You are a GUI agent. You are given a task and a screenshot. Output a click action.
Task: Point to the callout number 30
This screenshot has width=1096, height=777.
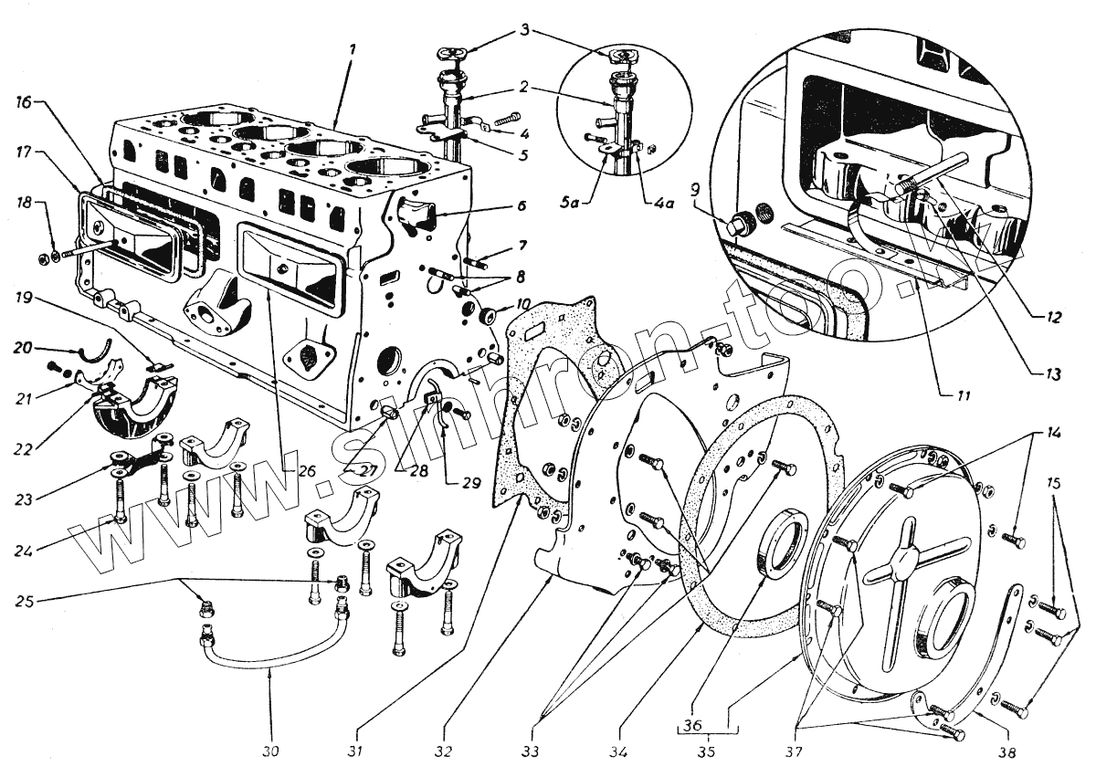pyautogui.click(x=271, y=752)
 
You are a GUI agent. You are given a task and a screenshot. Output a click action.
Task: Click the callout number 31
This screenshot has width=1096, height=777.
pyautogui.click(x=355, y=752)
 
